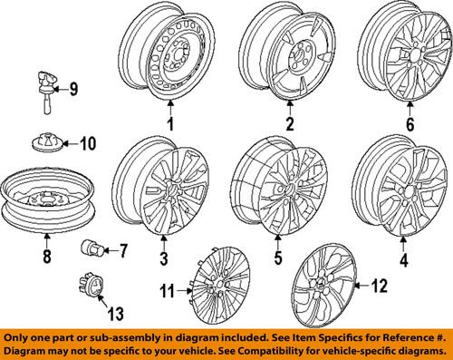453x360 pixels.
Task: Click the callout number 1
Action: (x=168, y=123)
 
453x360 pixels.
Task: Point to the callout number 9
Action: (x=73, y=89)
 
